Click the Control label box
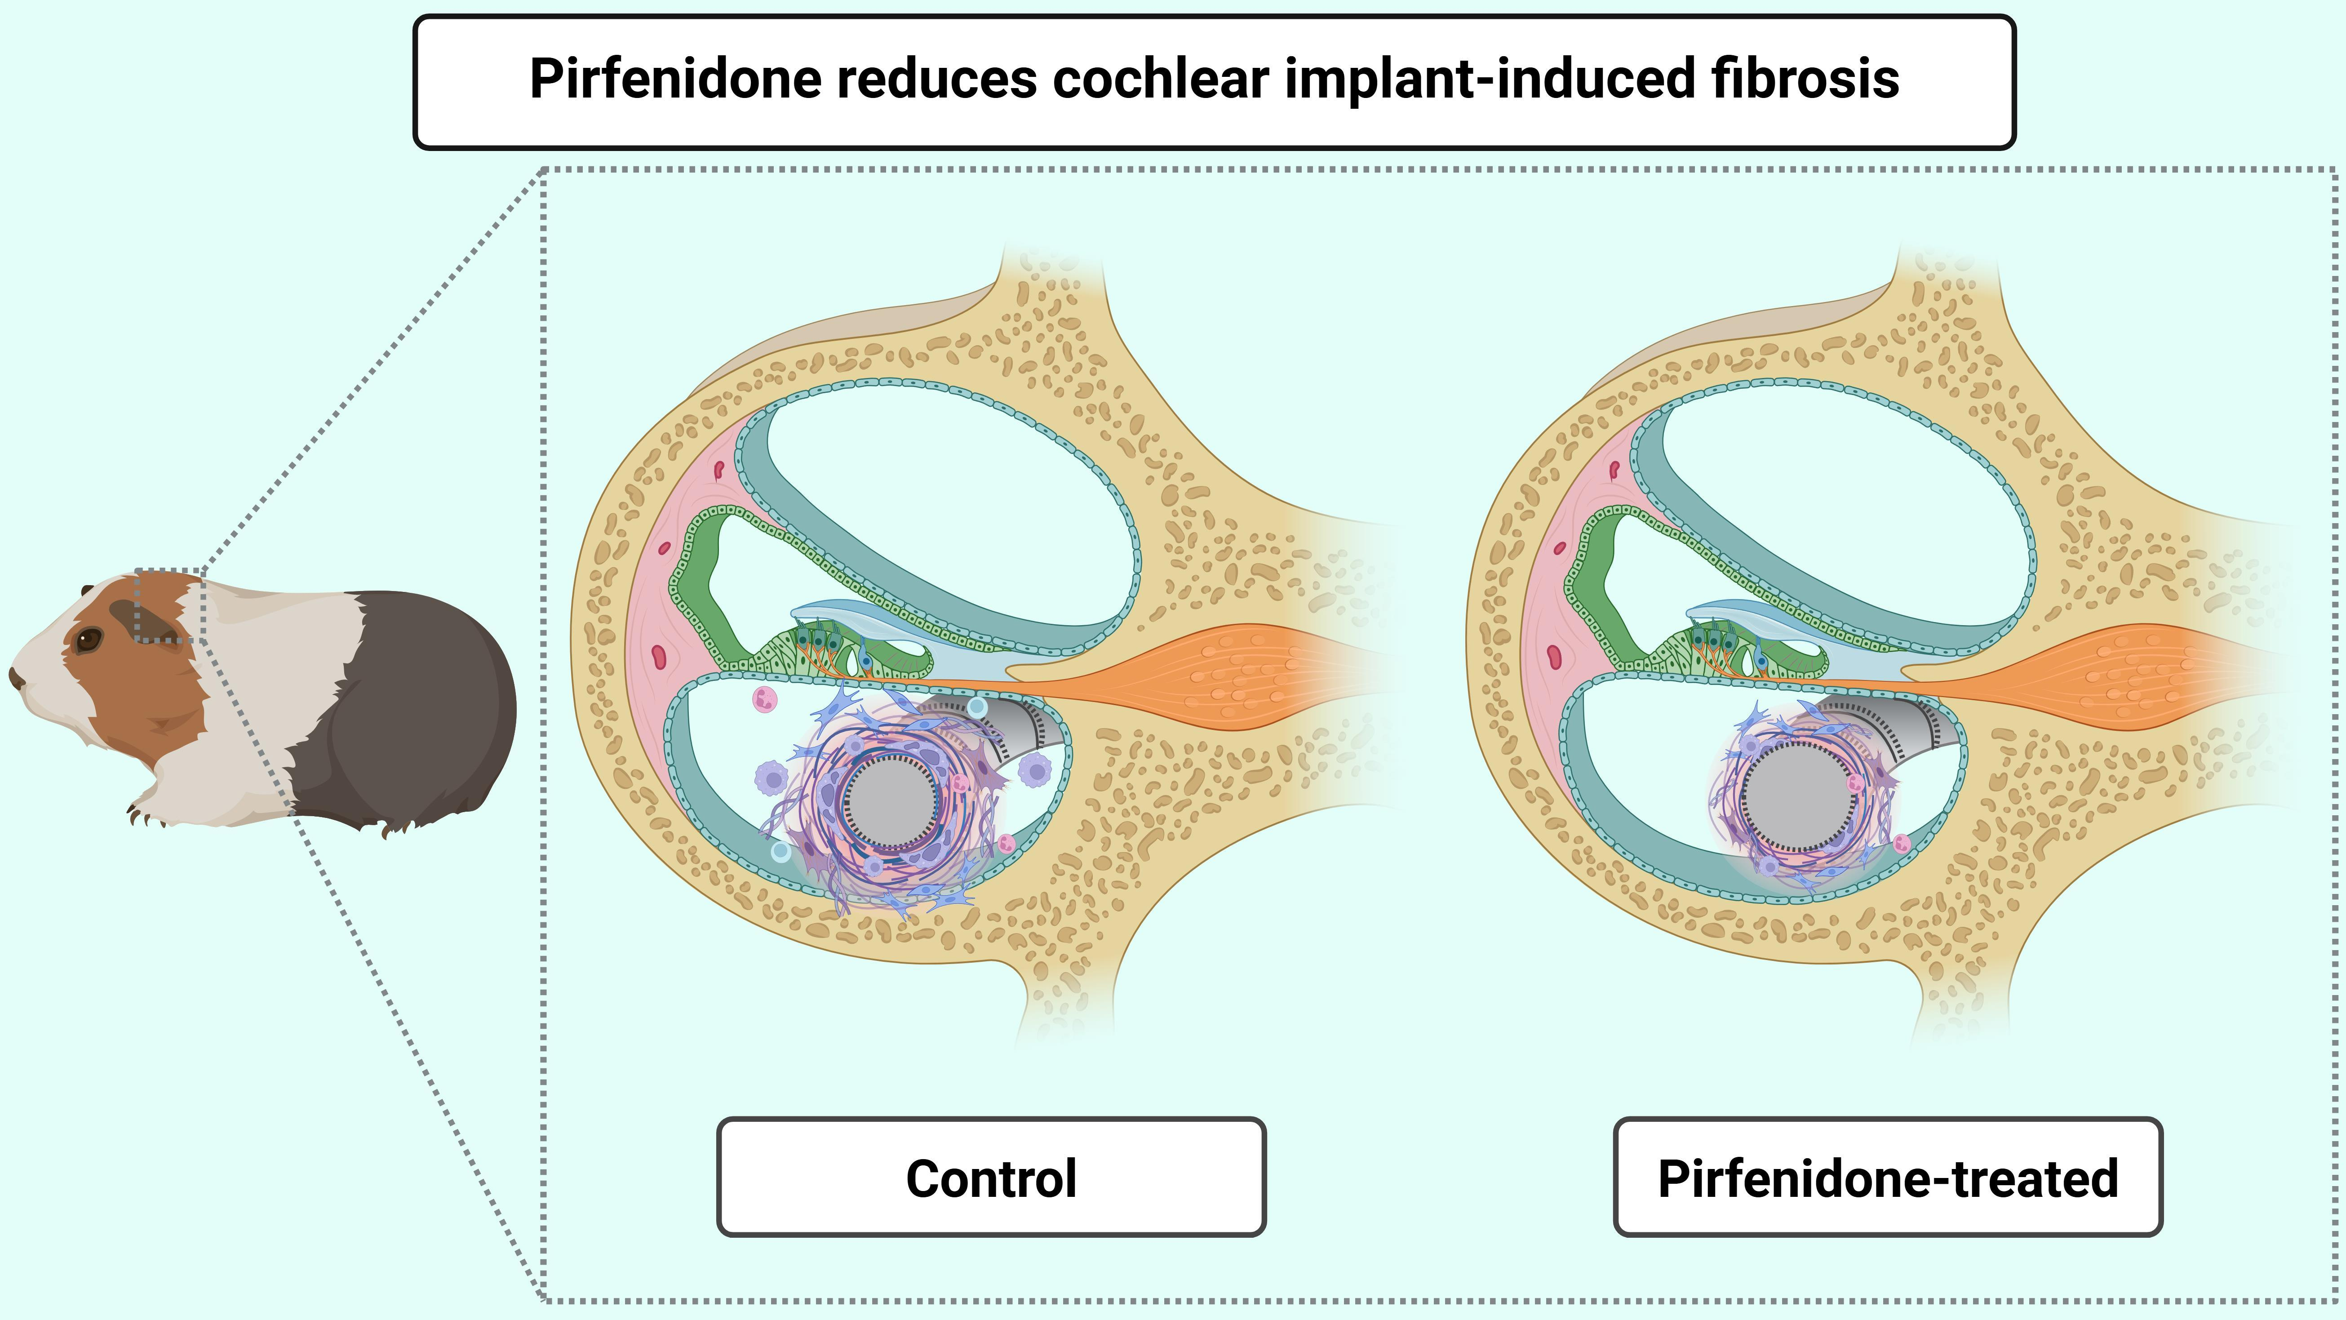[x=991, y=1177]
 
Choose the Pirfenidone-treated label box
[x=1887, y=1177]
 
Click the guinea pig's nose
[x=14, y=677]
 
